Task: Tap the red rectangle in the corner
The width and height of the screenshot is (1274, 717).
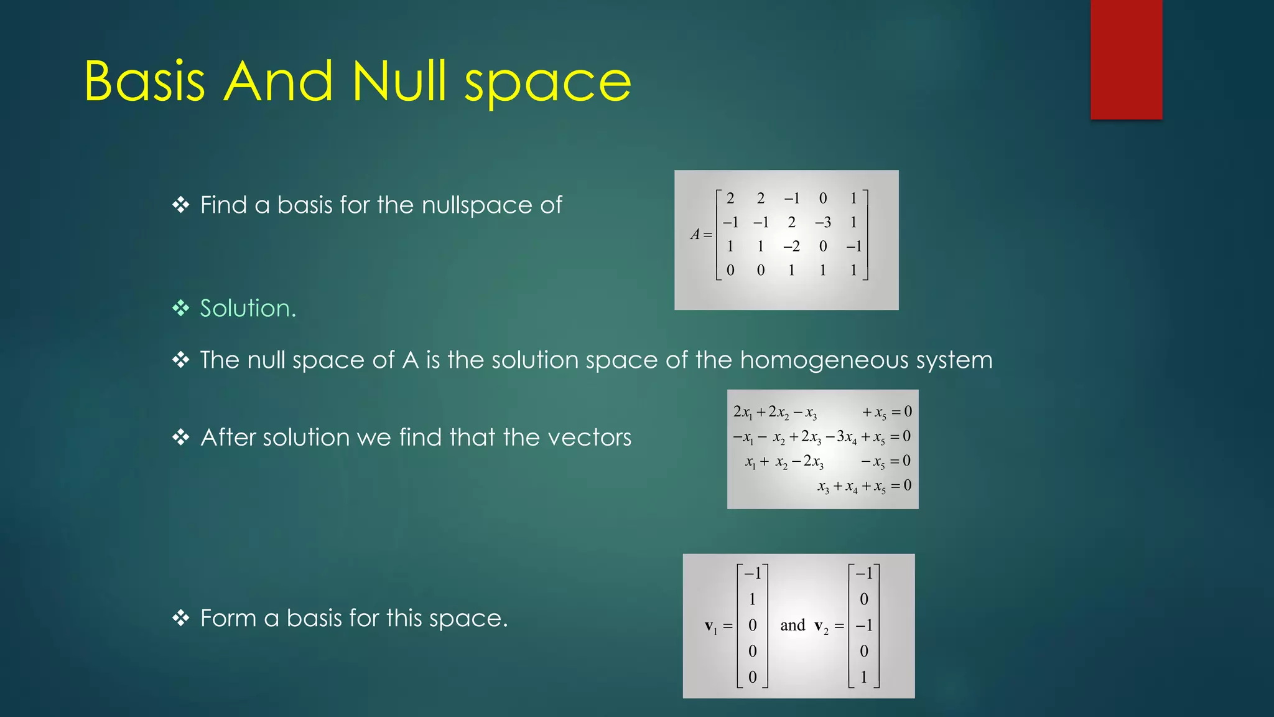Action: point(1126,59)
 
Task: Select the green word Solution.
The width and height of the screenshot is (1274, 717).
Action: point(248,308)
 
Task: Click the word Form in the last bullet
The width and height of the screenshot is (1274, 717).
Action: point(228,618)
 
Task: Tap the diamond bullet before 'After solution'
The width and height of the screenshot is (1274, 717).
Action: point(180,437)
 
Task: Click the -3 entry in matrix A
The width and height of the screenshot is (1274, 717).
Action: point(822,222)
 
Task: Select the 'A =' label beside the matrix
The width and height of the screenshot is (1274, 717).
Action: point(701,235)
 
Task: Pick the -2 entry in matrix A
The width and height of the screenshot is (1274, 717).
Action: point(791,246)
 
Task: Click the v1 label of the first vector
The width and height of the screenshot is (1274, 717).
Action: point(711,626)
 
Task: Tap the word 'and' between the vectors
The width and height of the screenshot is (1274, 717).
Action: point(793,625)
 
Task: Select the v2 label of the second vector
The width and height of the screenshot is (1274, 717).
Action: point(821,626)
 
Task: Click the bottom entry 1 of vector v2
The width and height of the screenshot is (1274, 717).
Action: point(863,677)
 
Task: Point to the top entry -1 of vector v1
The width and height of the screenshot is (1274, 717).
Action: point(752,573)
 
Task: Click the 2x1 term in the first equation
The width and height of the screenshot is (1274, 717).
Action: point(743,412)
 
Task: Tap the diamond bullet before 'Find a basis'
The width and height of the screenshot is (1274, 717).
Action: point(180,205)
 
